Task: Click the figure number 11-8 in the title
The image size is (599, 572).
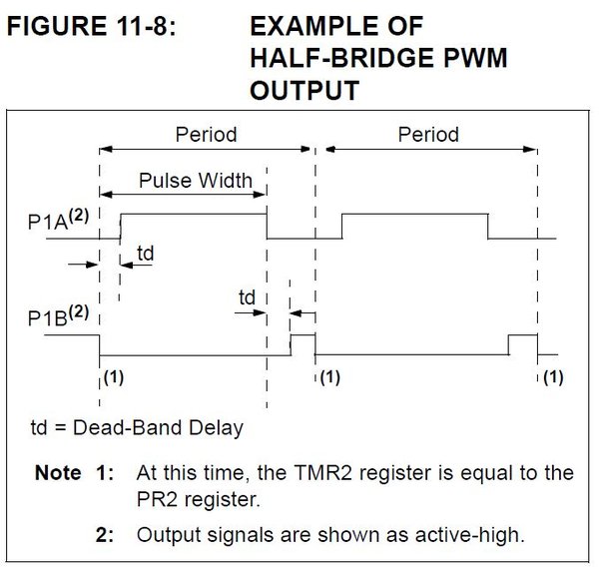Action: [143, 26]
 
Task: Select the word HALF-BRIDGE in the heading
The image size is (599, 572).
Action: [342, 58]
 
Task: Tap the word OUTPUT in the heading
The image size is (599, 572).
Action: [304, 90]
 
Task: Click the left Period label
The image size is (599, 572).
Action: [206, 135]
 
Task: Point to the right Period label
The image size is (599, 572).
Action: [428, 135]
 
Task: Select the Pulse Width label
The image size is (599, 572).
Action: [196, 181]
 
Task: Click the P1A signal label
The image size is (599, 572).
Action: [58, 220]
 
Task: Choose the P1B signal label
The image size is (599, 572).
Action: [58, 315]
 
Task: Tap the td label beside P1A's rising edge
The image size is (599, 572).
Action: [146, 253]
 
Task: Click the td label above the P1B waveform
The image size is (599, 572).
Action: [247, 296]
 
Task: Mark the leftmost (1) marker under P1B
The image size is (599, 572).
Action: [114, 377]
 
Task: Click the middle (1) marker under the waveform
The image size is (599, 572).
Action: [330, 377]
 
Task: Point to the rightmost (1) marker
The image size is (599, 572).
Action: [553, 377]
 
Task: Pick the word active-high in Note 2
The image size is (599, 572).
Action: [470, 534]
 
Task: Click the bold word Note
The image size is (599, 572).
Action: [58, 472]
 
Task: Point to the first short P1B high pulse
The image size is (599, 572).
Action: [303, 335]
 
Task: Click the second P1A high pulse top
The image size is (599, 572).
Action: [415, 214]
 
